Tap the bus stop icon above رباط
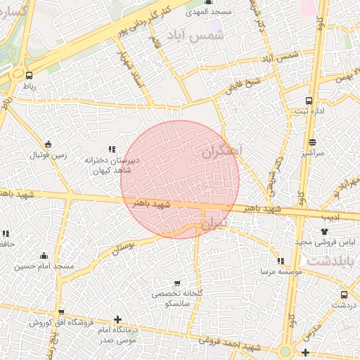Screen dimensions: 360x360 click(29, 75)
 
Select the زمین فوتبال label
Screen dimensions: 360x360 click(47, 155)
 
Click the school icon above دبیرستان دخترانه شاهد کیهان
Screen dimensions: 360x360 click(111, 149)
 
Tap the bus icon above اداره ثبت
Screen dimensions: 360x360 click(309, 101)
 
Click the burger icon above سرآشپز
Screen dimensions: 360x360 click(311, 141)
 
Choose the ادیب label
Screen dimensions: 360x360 click(330, 218)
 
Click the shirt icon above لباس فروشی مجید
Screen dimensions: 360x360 click(324, 231)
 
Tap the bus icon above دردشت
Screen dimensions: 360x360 click(344, 295)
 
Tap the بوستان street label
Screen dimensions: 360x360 click(122, 247)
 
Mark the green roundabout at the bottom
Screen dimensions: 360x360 click(285, 351)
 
